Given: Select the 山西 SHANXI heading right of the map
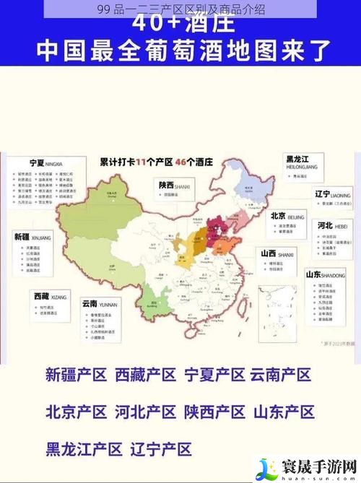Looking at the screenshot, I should tap(277, 254).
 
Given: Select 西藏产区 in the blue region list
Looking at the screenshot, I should tap(146, 375).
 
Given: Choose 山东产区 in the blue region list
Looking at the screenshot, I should tap(284, 412).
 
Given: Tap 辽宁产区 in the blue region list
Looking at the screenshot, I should tap(161, 448).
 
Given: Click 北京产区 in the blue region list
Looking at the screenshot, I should tap(77, 412).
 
